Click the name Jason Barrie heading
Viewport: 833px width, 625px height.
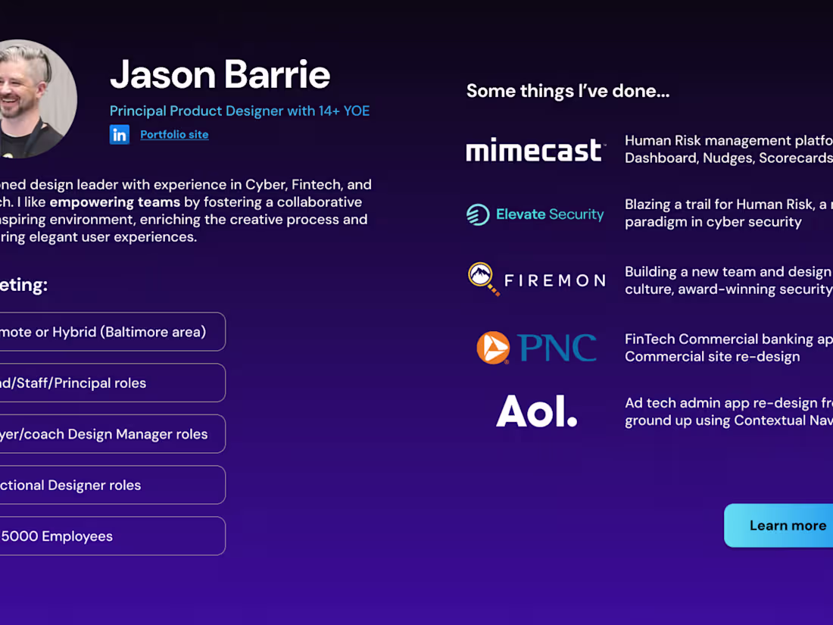click(220, 74)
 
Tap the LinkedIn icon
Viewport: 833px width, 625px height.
click(120, 135)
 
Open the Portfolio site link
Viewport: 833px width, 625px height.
click(174, 135)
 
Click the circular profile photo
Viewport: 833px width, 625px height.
click(30, 98)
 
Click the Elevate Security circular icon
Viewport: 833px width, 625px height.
click(478, 214)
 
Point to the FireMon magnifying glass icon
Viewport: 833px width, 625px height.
click(482, 277)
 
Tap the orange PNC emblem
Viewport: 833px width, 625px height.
click(493, 348)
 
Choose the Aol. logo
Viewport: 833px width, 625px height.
click(536, 411)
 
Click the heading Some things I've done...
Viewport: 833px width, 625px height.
click(567, 92)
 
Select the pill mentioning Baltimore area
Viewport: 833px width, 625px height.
click(106, 332)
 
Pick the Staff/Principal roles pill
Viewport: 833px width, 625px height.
click(106, 383)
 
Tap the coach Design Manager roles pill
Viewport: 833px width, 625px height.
click(106, 434)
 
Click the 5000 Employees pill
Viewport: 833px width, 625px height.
click(106, 536)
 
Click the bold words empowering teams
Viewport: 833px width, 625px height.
click(115, 202)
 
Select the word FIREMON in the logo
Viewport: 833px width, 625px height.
click(554, 281)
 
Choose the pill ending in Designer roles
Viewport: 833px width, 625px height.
click(106, 485)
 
